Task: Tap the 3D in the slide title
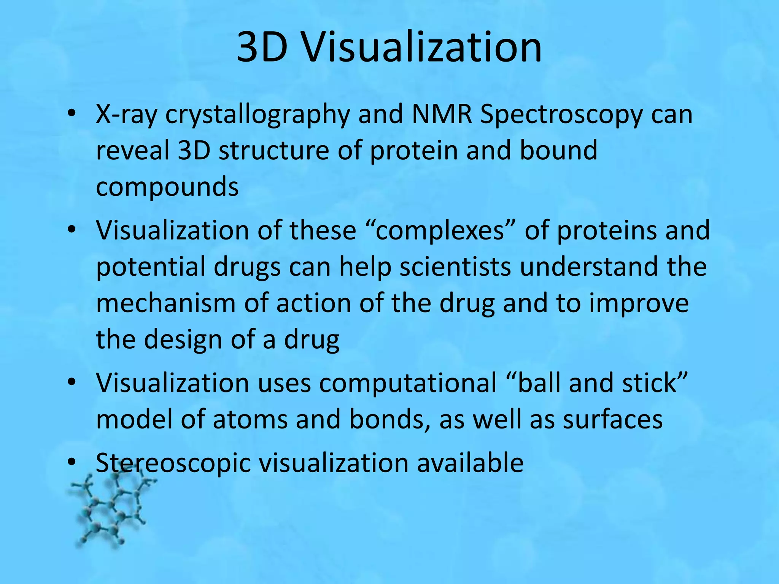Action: tap(262, 48)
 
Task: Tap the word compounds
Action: tap(167, 187)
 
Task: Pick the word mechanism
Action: tap(166, 303)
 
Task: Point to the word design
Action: tap(183, 339)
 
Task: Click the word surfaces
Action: tap(613, 419)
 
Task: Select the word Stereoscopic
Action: tap(173, 463)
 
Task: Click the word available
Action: tap(470, 463)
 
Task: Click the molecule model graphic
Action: tap(110, 509)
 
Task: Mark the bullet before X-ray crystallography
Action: tap(71, 114)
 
